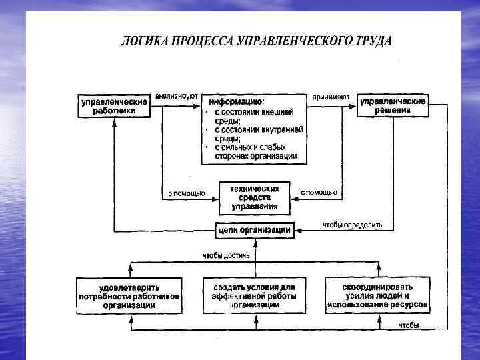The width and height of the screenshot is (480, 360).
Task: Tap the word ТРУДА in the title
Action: click(x=372, y=41)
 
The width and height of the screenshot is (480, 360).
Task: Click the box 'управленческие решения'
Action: click(x=392, y=105)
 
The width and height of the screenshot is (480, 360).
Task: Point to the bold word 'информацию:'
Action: click(x=237, y=102)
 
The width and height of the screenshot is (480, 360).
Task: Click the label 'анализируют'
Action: click(x=177, y=96)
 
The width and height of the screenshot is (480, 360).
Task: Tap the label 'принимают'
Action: click(x=331, y=96)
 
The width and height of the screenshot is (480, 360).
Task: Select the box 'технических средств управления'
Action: click(x=255, y=197)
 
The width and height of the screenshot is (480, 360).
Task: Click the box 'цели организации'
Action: click(x=254, y=229)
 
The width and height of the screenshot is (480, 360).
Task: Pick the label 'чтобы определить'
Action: click(x=352, y=225)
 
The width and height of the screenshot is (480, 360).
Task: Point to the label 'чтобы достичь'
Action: click(x=227, y=255)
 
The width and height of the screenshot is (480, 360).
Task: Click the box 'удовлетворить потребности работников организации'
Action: click(x=129, y=295)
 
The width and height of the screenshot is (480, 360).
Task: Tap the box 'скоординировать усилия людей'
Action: click(x=377, y=295)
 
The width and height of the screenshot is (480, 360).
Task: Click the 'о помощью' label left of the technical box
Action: click(x=185, y=193)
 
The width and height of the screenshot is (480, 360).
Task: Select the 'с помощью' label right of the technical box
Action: click(x=319, y=193)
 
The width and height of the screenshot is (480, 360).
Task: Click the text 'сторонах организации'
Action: click(x=256, y=155)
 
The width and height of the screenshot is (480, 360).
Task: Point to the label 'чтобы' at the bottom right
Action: click(x=409, y=325)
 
